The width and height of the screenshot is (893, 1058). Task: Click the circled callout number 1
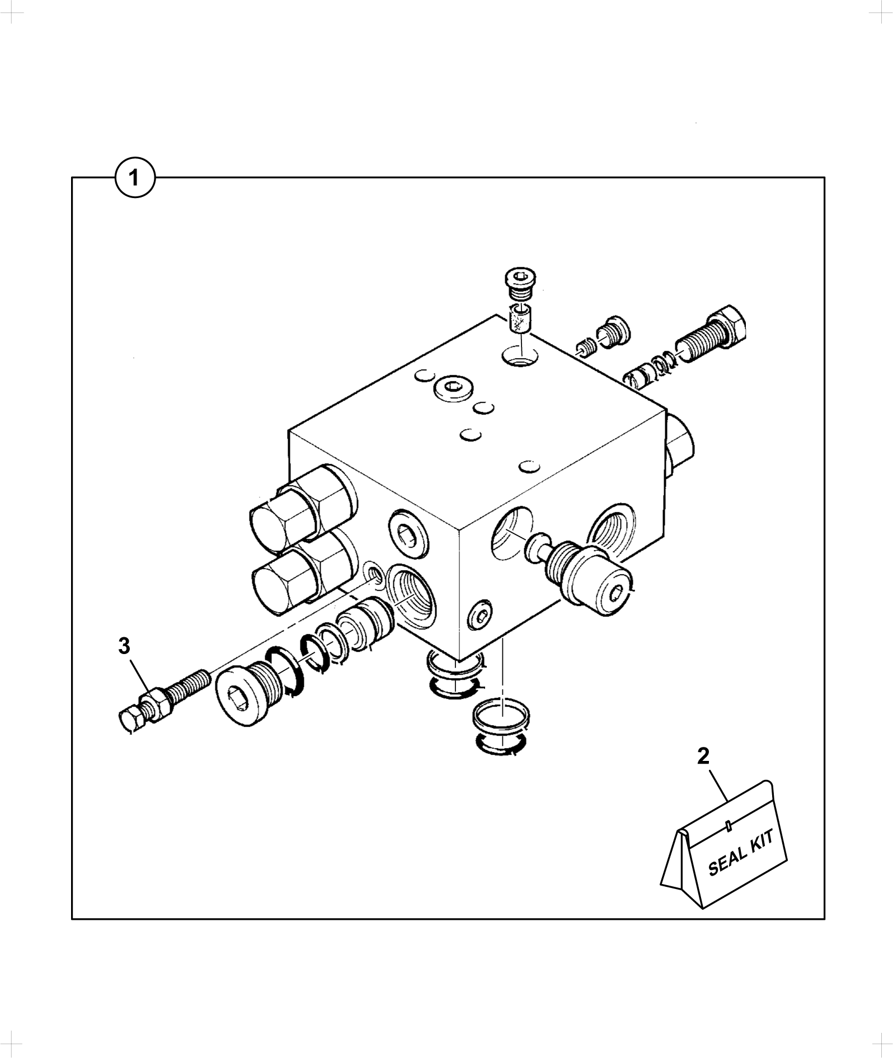pos(134,178)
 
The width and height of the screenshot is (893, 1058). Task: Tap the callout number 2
pos(703,756)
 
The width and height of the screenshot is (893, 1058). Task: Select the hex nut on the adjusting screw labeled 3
pos(154,702)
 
